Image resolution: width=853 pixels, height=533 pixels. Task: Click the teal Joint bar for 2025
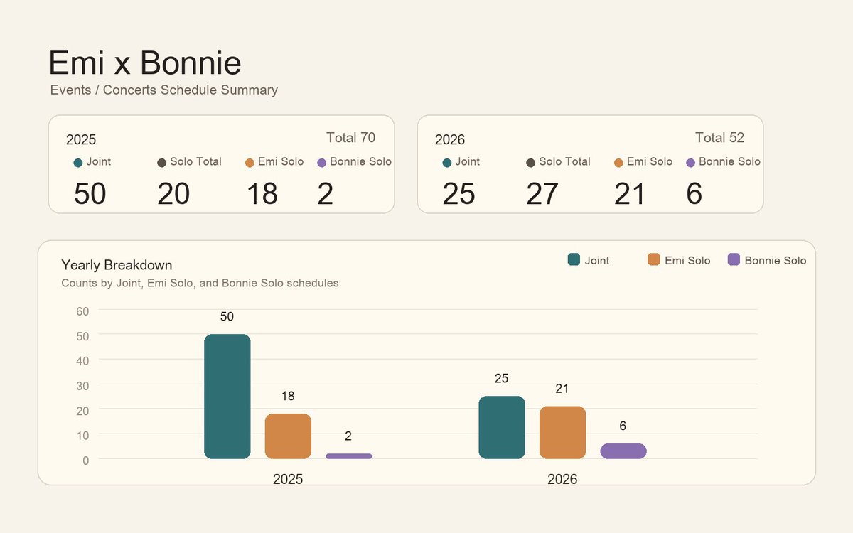[x=227, y=397]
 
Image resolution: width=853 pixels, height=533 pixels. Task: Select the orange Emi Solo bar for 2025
[x=288, y=436]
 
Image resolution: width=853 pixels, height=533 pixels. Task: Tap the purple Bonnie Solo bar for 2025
[x=349, y=456]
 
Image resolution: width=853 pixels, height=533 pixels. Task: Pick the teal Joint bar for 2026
[x=502, y=428]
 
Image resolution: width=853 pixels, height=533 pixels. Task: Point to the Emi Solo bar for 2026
[x=562, y=433]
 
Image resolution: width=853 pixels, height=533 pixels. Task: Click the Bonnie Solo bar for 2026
[x=623, y=451]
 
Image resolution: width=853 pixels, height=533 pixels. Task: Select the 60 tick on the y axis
[x=82, y=311]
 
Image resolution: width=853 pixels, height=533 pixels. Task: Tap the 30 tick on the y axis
[x=82, y=386]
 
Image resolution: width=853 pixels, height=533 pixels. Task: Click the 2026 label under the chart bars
[x=562, y=479]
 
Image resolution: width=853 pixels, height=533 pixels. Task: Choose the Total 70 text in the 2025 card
[x=350, y=137]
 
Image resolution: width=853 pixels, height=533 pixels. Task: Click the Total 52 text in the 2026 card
[x=719, y=137]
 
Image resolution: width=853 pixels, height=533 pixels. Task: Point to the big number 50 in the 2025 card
[x=90, y=193]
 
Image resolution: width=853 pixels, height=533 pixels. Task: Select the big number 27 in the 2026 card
[x=542, y=193]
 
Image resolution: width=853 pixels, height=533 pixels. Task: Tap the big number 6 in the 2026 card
[x=694, y=193]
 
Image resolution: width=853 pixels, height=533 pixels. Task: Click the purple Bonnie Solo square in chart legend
[x=734, y=259]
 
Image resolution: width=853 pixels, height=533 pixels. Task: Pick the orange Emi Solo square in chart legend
[x=653, y=259]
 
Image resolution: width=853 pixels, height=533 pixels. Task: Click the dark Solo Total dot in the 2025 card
[x=161, y=163]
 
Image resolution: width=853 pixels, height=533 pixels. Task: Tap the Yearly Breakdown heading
[x=117, y=265]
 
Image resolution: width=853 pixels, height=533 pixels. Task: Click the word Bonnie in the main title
[x=191, y=63]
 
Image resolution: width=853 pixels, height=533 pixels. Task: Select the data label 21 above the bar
[x=562, y=389]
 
